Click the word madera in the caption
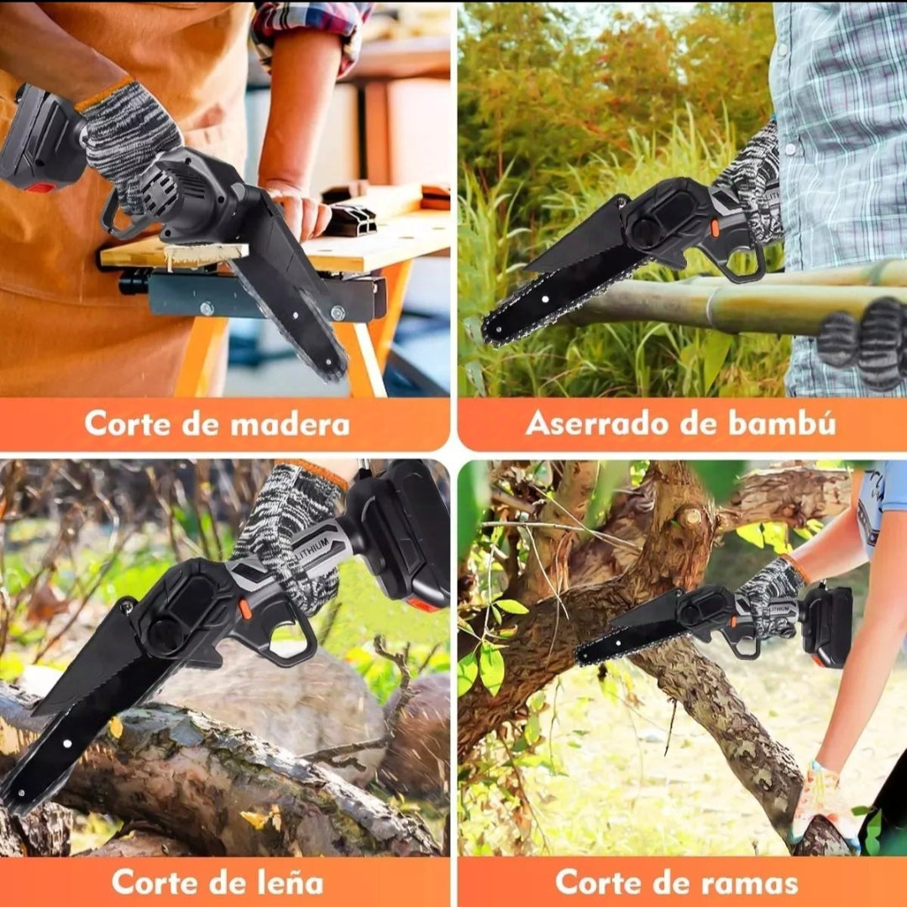[x=290, y=424]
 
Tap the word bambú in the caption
[x=782, y=422]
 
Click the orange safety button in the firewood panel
[x=245, y=609]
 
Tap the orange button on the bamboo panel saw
[x=715, y=228]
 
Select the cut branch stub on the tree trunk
[x=690, y=517]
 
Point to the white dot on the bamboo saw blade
[x=545, y=300]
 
